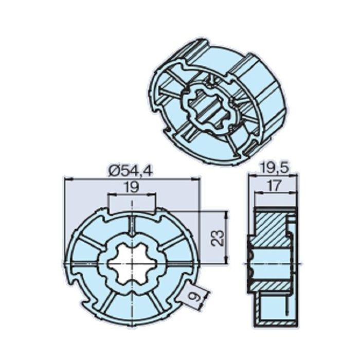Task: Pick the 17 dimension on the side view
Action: [x=273, y=186]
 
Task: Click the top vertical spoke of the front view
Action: [x=132, y=226]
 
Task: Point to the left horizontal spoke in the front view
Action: [x=85, y=263]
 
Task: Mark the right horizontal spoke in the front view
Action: [x=177, y=263]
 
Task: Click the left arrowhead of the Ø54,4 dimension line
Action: [x=67, y=178]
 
